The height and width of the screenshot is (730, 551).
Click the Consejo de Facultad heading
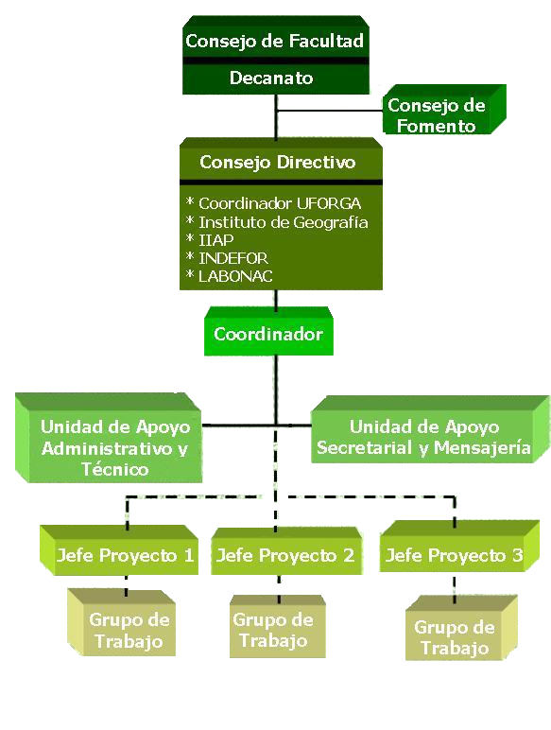click(275, 41)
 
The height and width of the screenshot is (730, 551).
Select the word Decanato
click(271, 78)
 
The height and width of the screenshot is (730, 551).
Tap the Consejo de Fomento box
click(444, 110)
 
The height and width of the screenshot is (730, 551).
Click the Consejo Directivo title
click(277, 162)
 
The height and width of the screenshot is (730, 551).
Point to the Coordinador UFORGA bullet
click(273, 203)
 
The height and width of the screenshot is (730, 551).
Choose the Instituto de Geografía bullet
click(277, 222)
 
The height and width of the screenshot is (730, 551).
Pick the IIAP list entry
click(210, 240)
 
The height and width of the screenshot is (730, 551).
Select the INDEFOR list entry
click(227, 258)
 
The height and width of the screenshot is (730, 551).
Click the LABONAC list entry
click(229, 276)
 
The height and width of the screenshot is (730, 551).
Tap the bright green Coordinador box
click(269, 332)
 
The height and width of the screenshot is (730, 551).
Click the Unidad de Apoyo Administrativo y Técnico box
click(109, 438)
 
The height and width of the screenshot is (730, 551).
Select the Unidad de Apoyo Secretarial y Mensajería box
click(430, 429)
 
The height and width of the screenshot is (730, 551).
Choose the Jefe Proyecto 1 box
click(119, 550)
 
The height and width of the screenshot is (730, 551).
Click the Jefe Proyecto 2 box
click(286, 551)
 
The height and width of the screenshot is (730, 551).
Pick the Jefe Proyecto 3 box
click(459, 547)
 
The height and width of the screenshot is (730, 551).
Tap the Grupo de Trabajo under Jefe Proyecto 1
click(122, 623)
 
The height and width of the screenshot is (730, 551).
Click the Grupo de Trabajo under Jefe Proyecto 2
click(278, 626)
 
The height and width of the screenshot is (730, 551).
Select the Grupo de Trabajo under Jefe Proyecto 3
click(461, 628)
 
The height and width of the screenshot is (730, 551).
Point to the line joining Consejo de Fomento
click(330, 111)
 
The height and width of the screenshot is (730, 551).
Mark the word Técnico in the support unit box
click(115, 469)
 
